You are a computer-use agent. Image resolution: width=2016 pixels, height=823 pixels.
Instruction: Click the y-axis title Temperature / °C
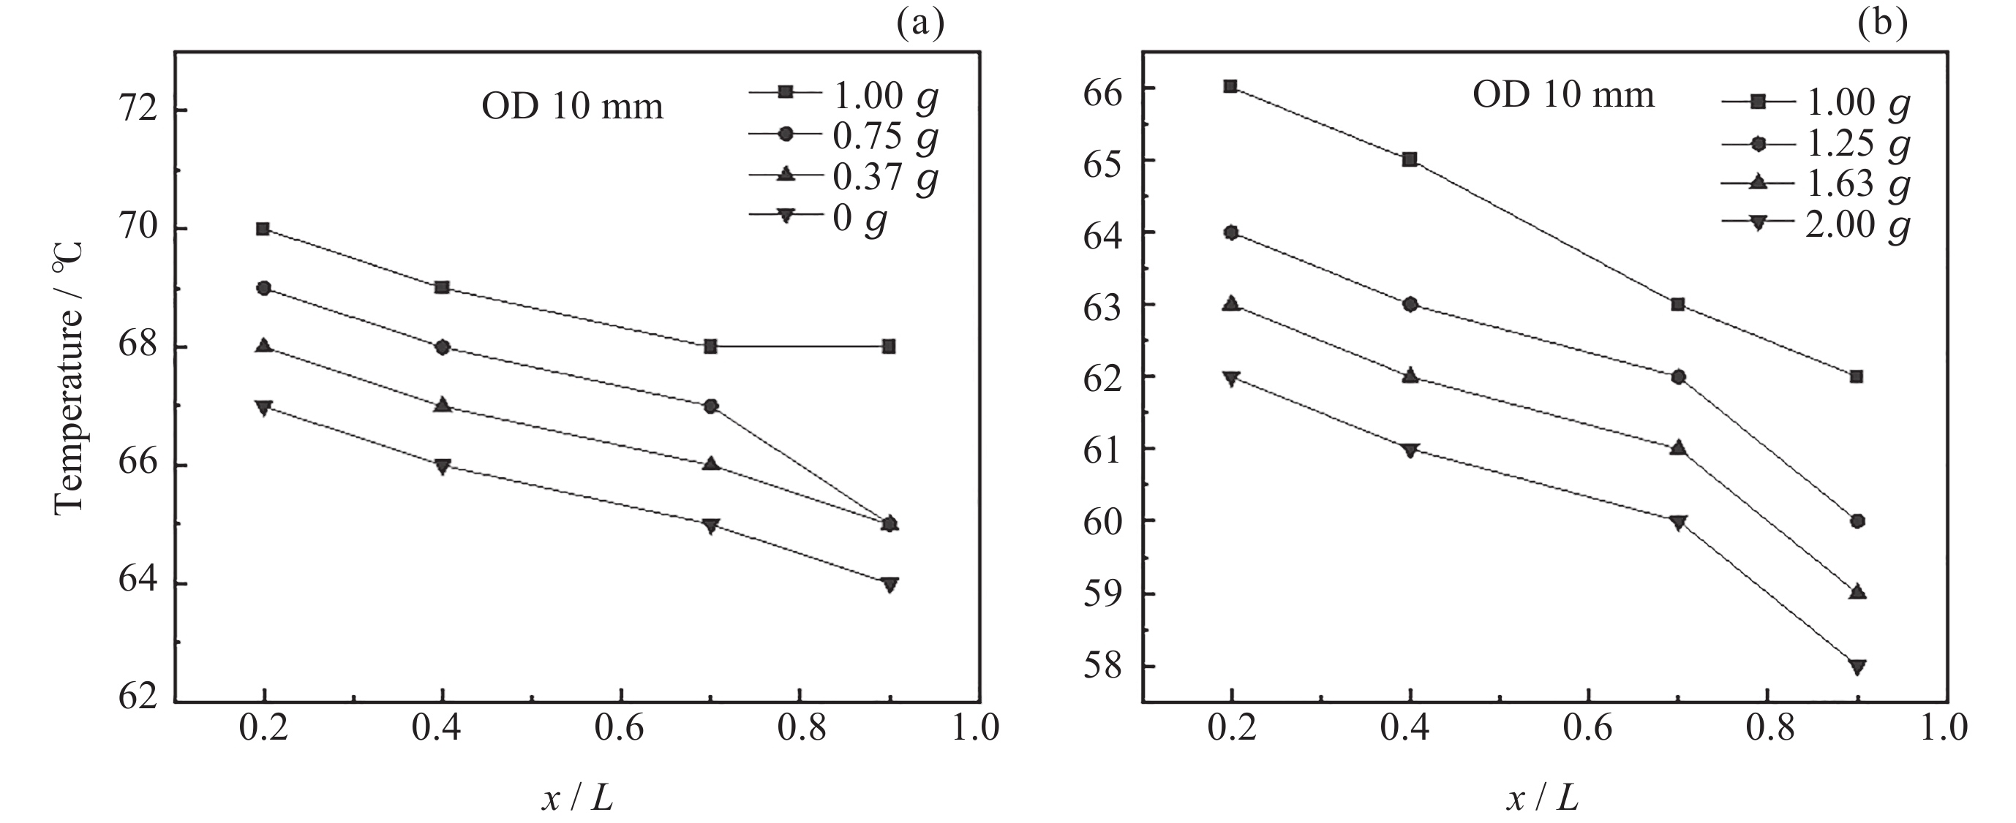pos(69,378)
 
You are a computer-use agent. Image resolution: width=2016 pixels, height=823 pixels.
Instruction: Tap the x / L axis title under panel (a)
pos(576,799)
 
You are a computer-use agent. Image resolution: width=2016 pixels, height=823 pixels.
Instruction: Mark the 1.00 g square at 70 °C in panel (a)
pos(263,230)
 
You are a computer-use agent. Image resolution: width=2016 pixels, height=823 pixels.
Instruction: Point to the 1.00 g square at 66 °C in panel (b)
pos(1230,86)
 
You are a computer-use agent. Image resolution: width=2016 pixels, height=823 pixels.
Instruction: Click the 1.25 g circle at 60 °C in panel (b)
pos(1857,522)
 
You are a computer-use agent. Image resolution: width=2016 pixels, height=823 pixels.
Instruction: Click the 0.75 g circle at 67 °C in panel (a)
pos(710,406)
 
